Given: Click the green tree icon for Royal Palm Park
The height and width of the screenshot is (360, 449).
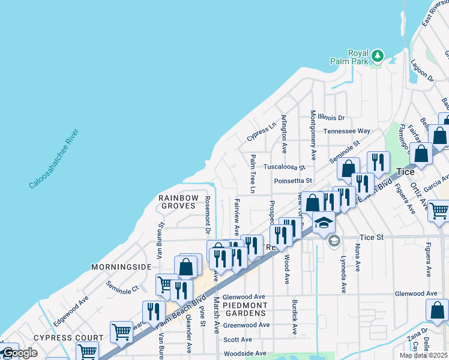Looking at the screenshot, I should coord(377,56).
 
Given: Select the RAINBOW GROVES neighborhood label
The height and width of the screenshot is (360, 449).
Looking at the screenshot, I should coord(177,202).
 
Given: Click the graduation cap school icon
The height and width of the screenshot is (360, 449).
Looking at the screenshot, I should coord(324,223).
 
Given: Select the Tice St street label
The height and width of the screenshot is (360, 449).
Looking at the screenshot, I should coord(372,238).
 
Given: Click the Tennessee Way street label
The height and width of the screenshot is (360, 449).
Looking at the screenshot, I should coord(347,131).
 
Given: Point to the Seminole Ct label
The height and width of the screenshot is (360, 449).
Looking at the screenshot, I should coord(122,287).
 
